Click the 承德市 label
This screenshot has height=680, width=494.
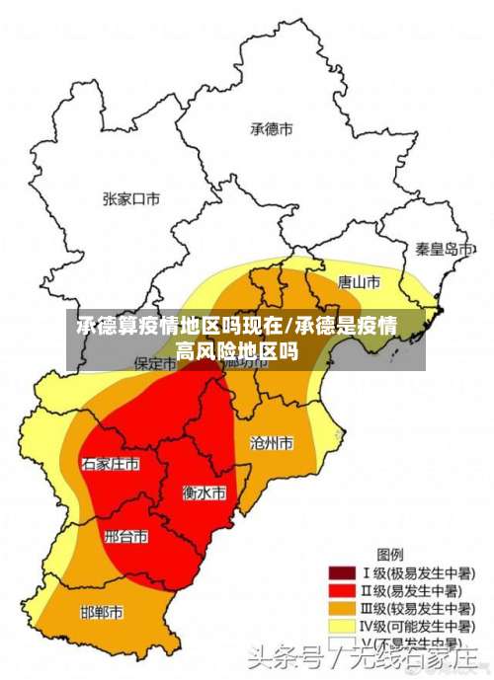[x=272, y=128]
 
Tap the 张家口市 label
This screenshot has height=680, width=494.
[x=130, y=198]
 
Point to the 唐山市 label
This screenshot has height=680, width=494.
[x=359, y=282]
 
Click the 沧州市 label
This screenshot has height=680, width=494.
[x=272, y=443]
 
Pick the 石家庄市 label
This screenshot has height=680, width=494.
[x=110, y=463]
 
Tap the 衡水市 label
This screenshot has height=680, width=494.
[x=205, y=491]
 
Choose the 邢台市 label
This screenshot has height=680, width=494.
[x=125, y=537]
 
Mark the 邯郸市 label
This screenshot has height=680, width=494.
[x=102, y=612]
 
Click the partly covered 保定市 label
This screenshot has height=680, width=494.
[x=154, y=363]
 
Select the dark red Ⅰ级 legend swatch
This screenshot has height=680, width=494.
[x=342, y=572]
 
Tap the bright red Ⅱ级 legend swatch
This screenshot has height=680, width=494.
[x=342, y=590]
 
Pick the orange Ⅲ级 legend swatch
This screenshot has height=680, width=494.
[x=342, y=608]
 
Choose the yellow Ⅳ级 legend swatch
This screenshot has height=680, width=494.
[x=342, y=626]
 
